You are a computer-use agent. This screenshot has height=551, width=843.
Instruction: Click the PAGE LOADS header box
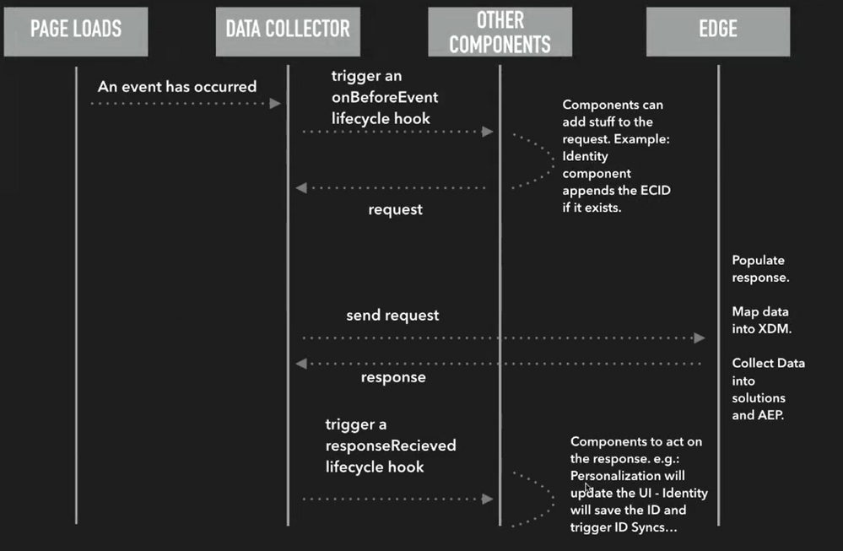(76, 31)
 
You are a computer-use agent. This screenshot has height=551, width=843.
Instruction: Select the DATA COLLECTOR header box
(287, 31)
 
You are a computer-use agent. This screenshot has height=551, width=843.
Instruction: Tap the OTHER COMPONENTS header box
(500, 32)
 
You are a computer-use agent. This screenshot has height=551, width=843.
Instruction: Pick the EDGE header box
(718, 31)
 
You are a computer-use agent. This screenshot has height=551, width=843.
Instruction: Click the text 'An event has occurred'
(177, 87)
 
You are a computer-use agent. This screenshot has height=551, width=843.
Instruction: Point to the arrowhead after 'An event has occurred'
(274, 103)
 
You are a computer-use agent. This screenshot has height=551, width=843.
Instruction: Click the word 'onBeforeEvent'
(385, 97)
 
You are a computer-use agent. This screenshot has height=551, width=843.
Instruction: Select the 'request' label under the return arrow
(395, 209)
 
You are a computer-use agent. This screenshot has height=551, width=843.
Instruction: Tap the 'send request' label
(392, 316)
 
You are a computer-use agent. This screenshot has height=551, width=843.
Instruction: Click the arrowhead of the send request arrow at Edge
(700, 338)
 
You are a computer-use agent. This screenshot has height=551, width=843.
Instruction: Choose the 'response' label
(393, 377)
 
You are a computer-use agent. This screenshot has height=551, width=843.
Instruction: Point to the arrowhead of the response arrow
(301, 364)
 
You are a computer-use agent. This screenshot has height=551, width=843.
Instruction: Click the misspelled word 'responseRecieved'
(391, 445)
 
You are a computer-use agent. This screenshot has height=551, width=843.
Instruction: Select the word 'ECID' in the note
(653, 190)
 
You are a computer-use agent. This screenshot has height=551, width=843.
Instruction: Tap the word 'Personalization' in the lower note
(613, 475)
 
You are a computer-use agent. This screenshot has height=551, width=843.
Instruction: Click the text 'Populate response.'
(760, 268)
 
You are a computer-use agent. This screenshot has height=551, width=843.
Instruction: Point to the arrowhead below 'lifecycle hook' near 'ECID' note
(487, 132)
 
